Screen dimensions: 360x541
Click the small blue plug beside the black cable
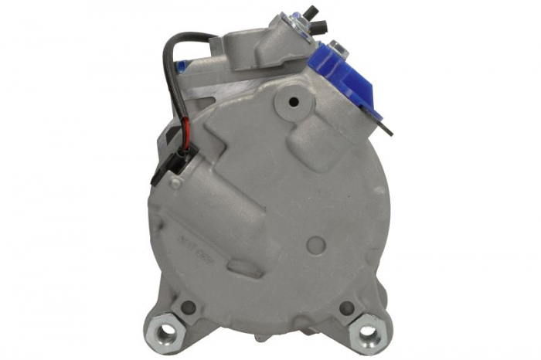(x=182, y=66)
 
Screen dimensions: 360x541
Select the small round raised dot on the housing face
(x=316, y=244)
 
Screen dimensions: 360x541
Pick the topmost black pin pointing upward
(x=314, y=10)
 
